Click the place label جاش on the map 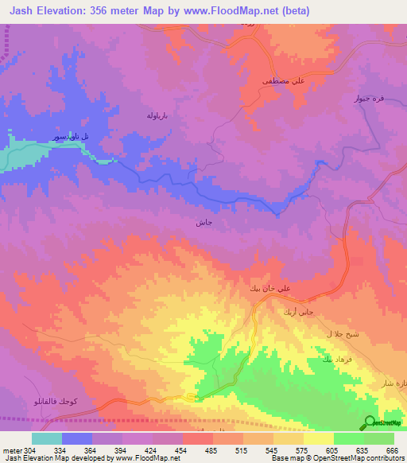(203, 223)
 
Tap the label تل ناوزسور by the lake (71, 137)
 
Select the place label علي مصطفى (283, 80)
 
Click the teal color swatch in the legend (47, 438)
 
